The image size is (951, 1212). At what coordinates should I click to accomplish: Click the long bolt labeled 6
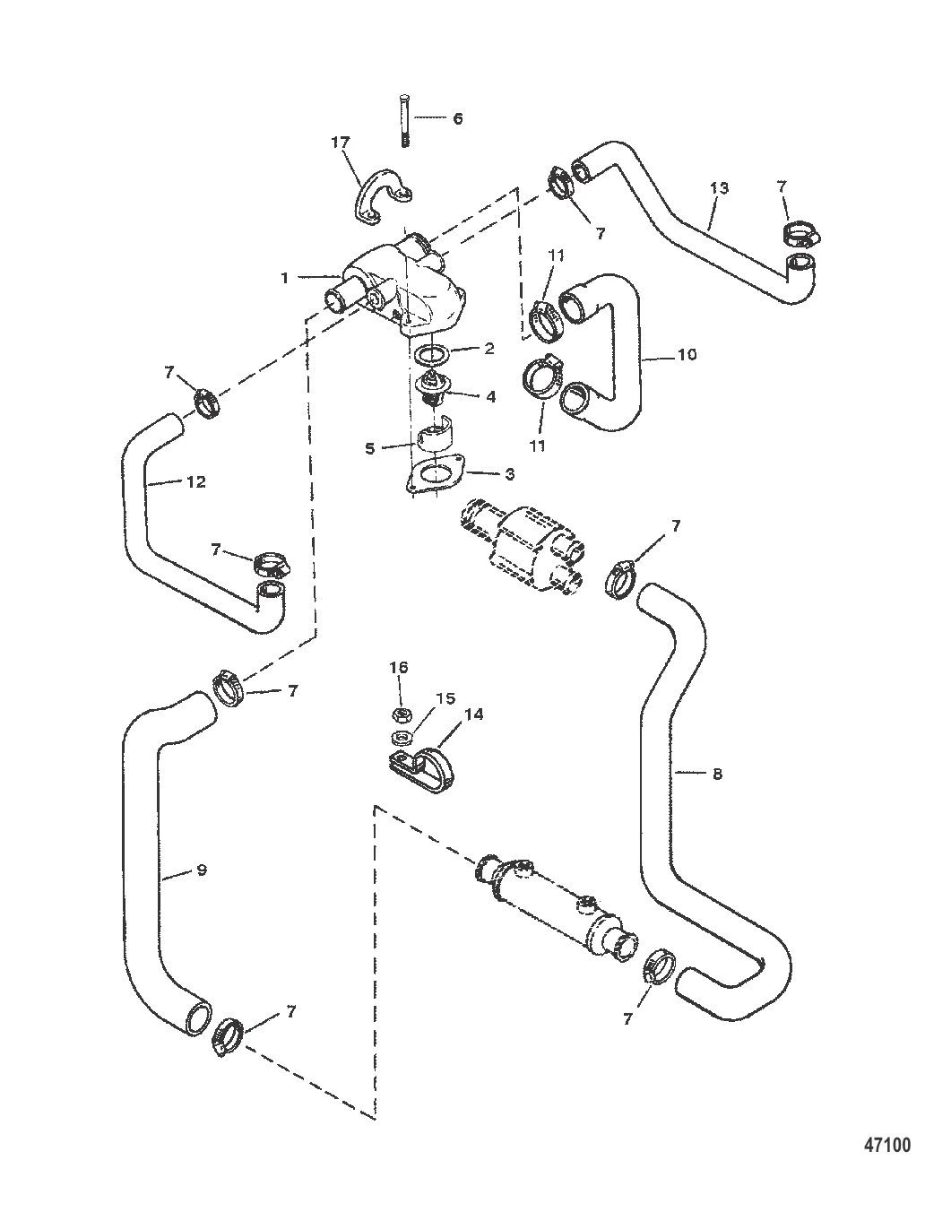tap(404, 121)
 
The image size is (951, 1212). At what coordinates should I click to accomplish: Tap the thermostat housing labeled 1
tap(399, 287)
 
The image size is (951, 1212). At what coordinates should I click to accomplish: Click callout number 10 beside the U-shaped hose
tap(687, 354)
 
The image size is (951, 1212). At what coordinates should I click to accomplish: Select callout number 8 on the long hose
tap(717, 774)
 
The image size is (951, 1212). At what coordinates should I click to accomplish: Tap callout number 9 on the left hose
tap(202, 870)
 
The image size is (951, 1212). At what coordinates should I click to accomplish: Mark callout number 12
tap(196, 481)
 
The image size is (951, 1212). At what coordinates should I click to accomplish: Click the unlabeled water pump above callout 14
tap(521, 544)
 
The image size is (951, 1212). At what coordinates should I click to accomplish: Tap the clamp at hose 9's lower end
tap(228, 1035)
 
